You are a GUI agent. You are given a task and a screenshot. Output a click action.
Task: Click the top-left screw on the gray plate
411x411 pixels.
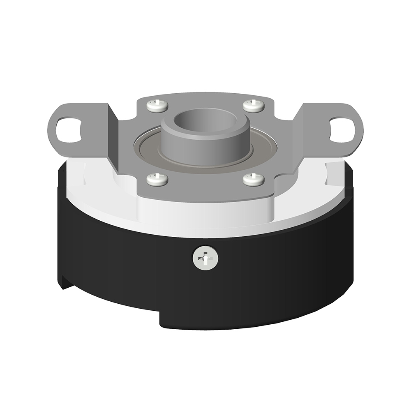point(157,106)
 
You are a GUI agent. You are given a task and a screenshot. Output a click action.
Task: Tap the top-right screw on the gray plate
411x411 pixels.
point(254,106)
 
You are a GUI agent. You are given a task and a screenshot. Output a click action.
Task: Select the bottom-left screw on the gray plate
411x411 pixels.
point(157,179)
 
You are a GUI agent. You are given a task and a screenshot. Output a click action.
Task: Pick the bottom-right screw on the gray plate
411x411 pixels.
point(254,180)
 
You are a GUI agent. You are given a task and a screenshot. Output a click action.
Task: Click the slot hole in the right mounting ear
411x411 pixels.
point(342,130)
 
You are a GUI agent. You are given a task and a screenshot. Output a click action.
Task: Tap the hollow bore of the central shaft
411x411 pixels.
point(205,119)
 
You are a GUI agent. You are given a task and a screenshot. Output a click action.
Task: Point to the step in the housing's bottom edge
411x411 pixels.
point(160,319)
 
